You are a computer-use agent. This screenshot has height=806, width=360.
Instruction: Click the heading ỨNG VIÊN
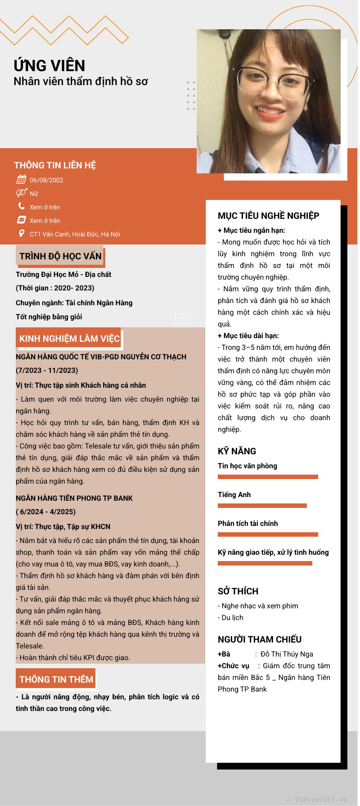pyautogui.click(x=49, y=66)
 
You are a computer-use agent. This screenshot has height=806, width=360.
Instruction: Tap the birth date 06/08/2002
pyautogui.click(x=46, y=180)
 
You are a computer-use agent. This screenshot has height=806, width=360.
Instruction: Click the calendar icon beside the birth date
pyautogui.click(x=21, y=180)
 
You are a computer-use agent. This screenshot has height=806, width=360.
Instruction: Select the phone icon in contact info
pyautogui.click(x=21, y=206)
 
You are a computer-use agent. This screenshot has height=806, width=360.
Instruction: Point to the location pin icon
pyautogui.click(x=21, y=233)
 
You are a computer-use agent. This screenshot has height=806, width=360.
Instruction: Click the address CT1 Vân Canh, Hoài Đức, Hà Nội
pyautogui.click(x=75, y=234)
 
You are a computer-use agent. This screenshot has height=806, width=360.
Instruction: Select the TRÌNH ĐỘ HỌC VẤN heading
pyautogui.click(x=60, y=256)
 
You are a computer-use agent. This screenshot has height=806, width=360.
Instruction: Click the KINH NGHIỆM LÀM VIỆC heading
pyautogui.click(x=69, y=339)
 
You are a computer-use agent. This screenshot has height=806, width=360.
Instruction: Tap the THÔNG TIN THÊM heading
pyautogui.click(x=56, y=679)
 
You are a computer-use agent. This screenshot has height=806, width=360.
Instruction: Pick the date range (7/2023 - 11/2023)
pyautogui.click(x=47, y=371)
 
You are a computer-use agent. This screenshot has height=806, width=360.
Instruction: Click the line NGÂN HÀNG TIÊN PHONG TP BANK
pyautogui.click(x=74, y=498)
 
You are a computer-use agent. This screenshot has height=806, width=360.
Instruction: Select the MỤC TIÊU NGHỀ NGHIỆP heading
pyautogui.click(x=268, y=216)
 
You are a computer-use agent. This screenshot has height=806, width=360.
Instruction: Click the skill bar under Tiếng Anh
pyautogui.click(x=262, y=506)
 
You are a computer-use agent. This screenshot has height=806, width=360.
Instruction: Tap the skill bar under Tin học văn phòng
pyautogui.click(x=268, y=477)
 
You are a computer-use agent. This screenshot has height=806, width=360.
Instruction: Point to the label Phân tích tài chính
pyautogui.click(x=247, y=523)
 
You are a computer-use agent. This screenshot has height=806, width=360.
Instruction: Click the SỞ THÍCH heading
pyautogui.click(x=238, y=591)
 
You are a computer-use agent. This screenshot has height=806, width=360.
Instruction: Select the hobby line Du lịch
pyautogui.click(x=232, y=618)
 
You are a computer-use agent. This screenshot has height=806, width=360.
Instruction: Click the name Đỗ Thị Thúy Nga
pyautogui.click(x=287, y=654)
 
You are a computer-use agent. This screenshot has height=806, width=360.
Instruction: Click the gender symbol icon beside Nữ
pyautogui.click(x=21, y=193)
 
